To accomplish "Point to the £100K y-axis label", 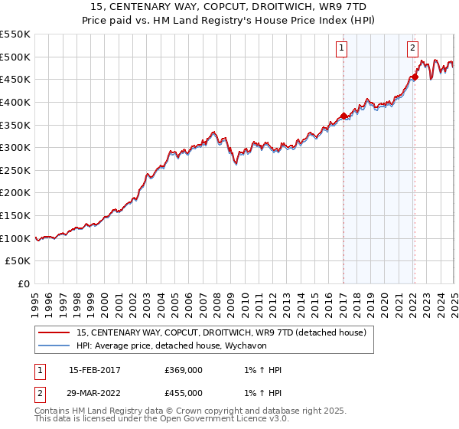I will [x=15, y=238].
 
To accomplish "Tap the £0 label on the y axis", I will [x=24, y=283].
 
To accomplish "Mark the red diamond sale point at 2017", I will [x=343, y=116].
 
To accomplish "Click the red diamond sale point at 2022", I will [x=415, y=77].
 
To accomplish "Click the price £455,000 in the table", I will [x=184, y=393].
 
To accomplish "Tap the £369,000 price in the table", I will [x=184, y=370].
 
